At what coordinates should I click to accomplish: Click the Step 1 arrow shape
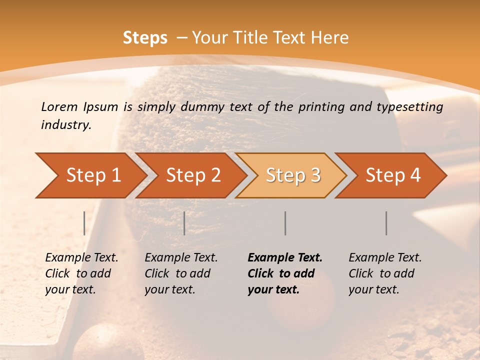(90, 175)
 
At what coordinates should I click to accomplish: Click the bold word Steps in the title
(145, 38)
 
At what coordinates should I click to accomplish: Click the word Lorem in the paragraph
(59, 106)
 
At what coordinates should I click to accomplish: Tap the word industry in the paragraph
(65, 125)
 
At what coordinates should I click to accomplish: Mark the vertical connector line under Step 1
(84, 223)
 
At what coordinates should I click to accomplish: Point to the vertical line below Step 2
(184, 223)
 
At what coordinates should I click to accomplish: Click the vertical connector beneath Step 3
(285, 223)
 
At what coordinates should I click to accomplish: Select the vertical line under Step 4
(386, 223)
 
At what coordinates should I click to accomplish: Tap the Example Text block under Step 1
(81, 273)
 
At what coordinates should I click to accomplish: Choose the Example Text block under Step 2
(180, 273)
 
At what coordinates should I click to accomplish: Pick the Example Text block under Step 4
(384, 273)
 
